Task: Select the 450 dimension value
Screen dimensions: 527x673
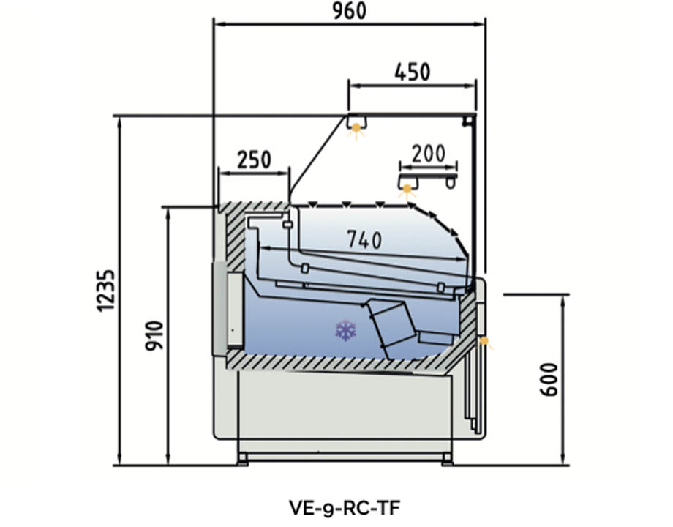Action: [x=412, y=72]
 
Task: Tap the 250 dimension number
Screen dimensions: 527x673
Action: [x=254, y=159]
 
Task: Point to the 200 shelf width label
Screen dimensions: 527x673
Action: [x=428, y=154]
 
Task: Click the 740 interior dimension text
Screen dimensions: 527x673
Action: [x=364, y=239]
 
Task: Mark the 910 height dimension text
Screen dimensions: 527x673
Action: [x=154, y=334]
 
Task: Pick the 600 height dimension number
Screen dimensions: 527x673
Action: [x=551, y=378]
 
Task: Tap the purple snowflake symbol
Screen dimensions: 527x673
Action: [x=346, y=331]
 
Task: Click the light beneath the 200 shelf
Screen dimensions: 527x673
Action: [x=407, y=190]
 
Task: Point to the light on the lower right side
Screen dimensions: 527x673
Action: [x=484, y=341]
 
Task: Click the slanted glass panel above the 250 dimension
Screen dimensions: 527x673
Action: [x=318, y=158]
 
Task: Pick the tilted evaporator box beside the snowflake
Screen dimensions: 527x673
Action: [x=393, y=329]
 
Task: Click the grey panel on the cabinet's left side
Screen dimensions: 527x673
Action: [x=218, y=307]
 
